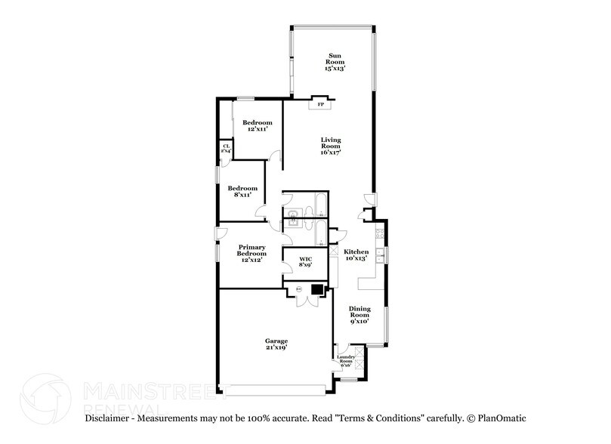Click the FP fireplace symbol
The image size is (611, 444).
click(x=320, y=103)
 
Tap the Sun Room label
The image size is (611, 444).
click(x=335, y=61)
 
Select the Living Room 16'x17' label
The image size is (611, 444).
click(x=331, y=145)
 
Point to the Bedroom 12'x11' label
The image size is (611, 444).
click(x=257, y=126)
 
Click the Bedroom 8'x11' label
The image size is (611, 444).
click(x=242, y=191)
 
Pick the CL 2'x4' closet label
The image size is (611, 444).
click(x=226, y=149)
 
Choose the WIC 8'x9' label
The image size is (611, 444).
click(x=305, y=261)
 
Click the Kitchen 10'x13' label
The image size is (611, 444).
click(x=356, y=254)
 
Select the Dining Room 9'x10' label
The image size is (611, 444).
click(x=360, y=313)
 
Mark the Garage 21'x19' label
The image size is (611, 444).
click(x=276, y=345)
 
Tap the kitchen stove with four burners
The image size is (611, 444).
click(x=381, y=234)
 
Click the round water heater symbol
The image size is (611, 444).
click(x=298, y=288)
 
